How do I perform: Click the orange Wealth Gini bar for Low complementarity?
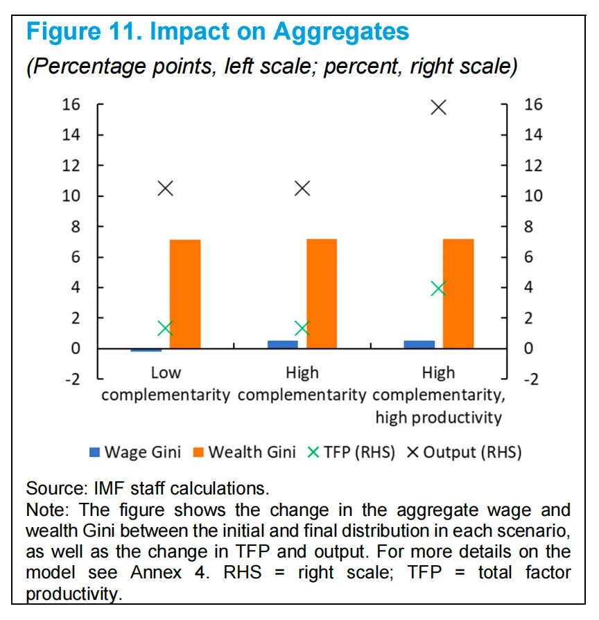point(185,294)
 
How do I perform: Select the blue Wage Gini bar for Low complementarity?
point(146,350)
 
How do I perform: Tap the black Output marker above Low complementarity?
point(165,189)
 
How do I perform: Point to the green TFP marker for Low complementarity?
point(165,328)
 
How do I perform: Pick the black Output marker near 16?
point(438,107)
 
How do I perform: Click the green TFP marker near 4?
point(438,289)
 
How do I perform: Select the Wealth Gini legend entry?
point(244,452)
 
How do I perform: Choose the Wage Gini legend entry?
point(135,452)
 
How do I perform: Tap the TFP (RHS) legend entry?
point(351,452)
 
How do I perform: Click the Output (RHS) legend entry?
point(465,452)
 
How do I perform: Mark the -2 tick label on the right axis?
point(531,379)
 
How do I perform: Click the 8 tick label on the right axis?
point(528,227)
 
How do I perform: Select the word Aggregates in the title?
point(341,32)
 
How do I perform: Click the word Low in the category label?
point(166,372)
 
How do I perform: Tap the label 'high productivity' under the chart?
point(438,417)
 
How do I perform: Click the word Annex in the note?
point(156,572)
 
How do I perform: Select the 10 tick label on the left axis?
point(71,196)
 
